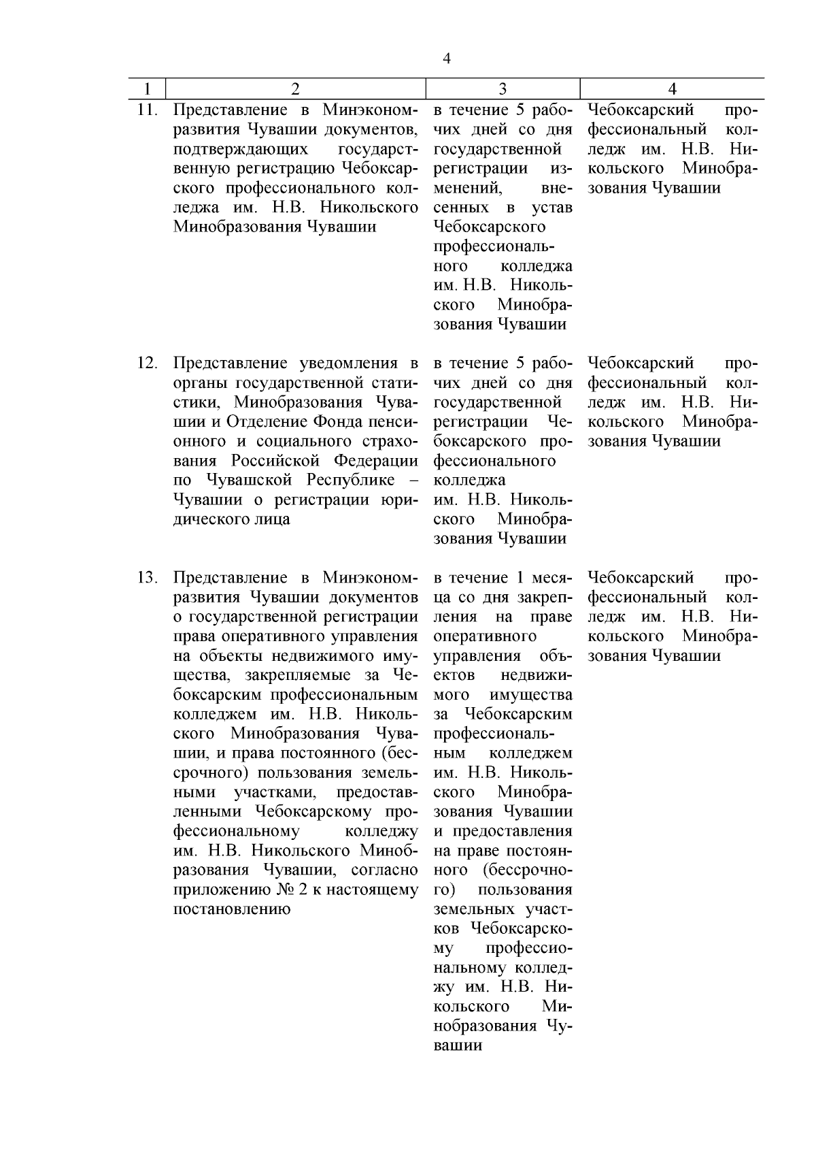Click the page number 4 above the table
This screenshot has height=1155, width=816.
446,59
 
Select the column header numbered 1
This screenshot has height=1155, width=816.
148,88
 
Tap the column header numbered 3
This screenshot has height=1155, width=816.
502,88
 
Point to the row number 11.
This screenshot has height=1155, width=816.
148,110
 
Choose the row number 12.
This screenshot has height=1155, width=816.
148,363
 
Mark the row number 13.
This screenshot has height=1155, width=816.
148,578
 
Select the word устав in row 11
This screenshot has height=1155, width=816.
551,207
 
